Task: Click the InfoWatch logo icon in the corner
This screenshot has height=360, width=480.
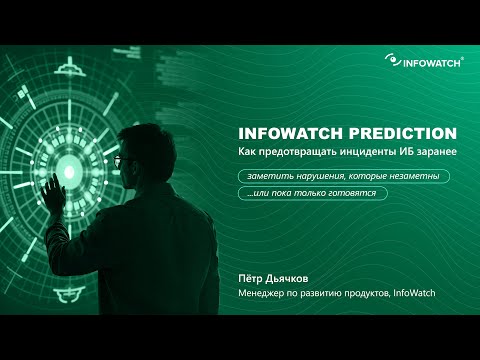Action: point(390,59)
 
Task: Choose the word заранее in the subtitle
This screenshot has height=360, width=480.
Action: point(434,152)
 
